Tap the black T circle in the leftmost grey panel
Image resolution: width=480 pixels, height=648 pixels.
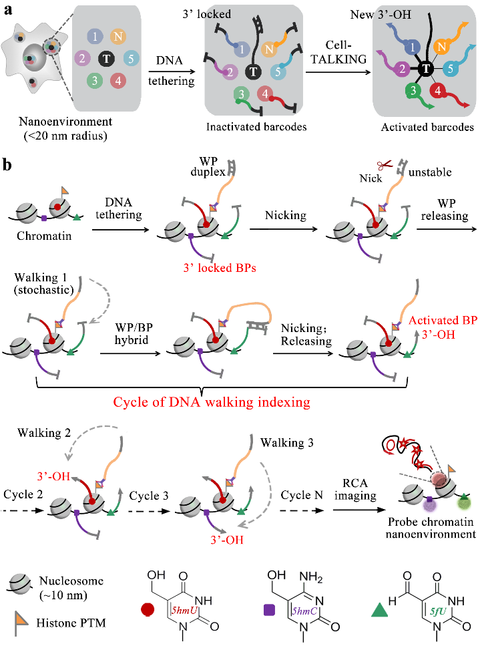105,59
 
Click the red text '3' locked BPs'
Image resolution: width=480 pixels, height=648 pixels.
220,266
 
